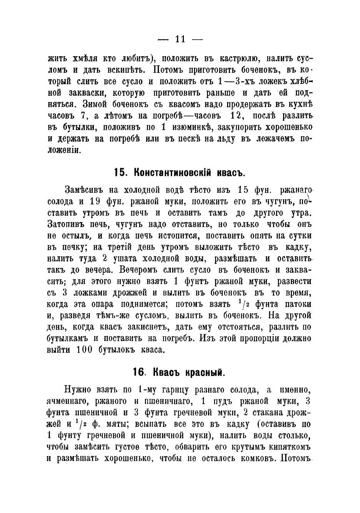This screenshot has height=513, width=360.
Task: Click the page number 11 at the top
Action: coord(180,39)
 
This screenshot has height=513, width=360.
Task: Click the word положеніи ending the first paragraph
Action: coord(64,150)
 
